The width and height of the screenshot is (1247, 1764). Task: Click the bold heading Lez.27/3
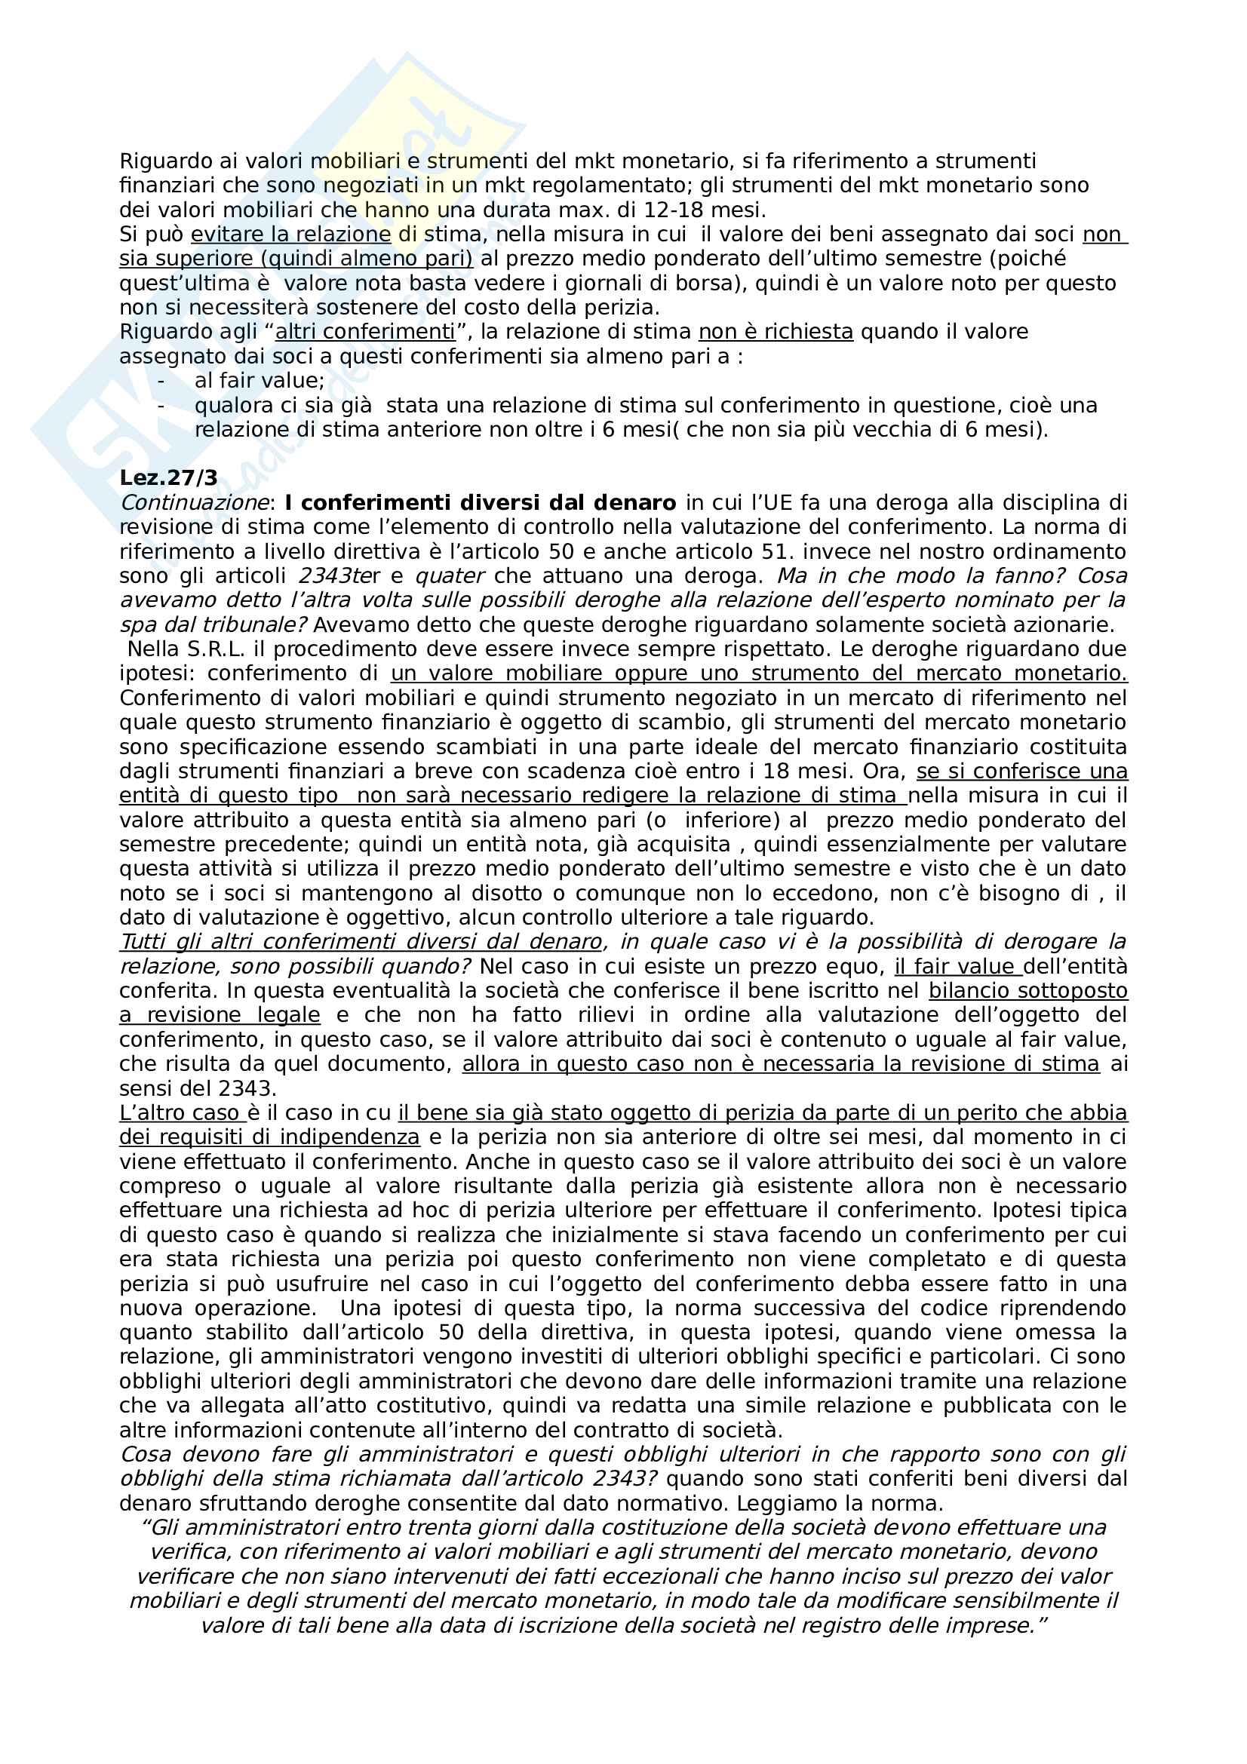point(168,478)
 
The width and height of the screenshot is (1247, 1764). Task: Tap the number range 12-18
point(678,210)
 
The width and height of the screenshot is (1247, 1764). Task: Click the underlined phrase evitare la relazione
point(291,235)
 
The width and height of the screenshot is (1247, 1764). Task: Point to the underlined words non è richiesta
point(776,332)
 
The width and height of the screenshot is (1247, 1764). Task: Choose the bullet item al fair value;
point(260,381)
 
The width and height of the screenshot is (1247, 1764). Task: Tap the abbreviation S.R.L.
point(212,649)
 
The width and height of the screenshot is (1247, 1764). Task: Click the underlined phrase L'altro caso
point(181,1112)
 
